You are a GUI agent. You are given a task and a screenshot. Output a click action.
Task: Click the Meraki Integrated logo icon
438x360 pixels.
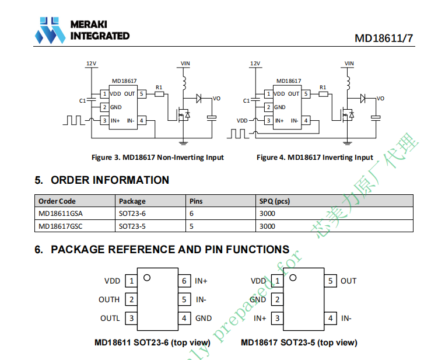pyautogui.click(x=50, y=30)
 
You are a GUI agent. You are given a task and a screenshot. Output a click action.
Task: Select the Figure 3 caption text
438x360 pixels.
pyautogui.click(x=157, y=158)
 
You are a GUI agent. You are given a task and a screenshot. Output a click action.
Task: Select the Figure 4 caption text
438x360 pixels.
pyautogui.click(x=315, y=158)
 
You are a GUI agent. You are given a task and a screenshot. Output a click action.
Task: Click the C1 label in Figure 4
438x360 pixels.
pyautogui.click(x=246, y=100)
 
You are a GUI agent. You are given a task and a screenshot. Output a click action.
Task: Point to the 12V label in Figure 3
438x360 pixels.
pyautogui.click(x=92, y=63)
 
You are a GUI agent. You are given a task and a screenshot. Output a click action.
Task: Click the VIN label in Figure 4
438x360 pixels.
pyautogui.click(x=349, y=63)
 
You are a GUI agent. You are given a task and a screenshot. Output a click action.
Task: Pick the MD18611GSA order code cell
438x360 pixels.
pyautogui.click(x=61, y=214)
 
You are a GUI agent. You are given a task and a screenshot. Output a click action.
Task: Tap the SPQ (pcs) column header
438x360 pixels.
pyautogui.click(x=274, y=201)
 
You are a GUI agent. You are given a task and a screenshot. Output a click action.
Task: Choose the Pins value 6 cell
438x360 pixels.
pyautogui.click(x=192, y=214)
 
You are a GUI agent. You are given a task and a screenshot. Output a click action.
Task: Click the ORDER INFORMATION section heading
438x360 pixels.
pyautogui.click(x=110, y=180)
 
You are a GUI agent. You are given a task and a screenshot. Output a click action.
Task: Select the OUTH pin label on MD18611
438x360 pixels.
pyautogui.click(x=109, y=300)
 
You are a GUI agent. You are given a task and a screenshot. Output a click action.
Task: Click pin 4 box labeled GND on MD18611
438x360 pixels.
pyautogui.click(x=185, y=319)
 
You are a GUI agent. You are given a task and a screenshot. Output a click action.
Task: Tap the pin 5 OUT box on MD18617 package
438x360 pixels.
pyautogui.click(x=331, y=281)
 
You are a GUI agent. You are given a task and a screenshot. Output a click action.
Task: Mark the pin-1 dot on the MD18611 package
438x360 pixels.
pyautogui.click(x=147, y=278)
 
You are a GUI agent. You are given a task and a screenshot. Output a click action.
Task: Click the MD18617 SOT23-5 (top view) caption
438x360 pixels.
pyautogui.click(x=299, y=342)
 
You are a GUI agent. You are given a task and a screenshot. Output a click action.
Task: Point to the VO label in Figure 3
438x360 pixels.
pyautogui.click(x=216, y=99)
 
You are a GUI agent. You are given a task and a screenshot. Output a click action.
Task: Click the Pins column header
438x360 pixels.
pyautogui.click(x=197, y=201)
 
